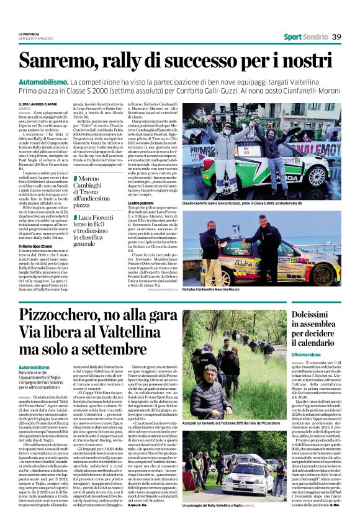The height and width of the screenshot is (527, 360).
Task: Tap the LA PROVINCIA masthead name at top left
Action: [x=31, y=34]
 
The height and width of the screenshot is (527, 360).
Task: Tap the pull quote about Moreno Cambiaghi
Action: [x=94, y=191]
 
